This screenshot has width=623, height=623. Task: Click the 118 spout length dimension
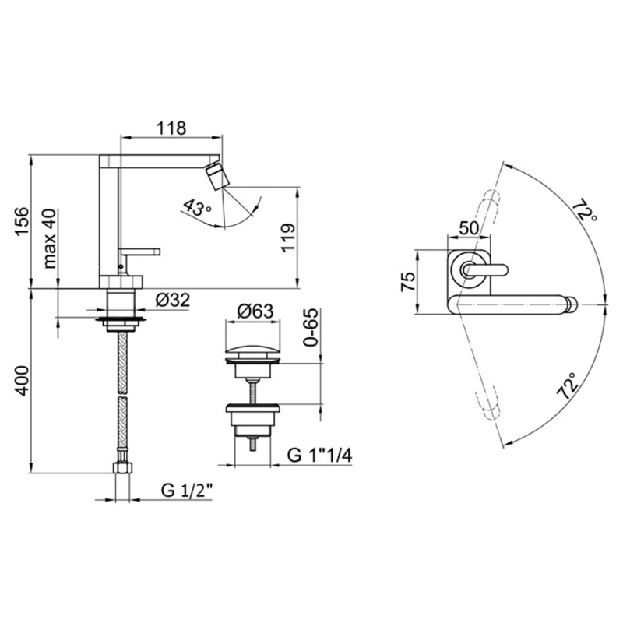pyautogui.click(x=171, y=128)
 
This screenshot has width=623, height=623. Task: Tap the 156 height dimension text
pyautogui.click(x=22, y=221)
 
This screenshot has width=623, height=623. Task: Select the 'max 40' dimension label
pyautogui.click(x=51, y=238)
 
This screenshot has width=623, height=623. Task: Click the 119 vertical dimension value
pyautogui.click(x=288, y=237)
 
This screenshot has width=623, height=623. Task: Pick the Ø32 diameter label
pyautogui.click(x=173, y=300)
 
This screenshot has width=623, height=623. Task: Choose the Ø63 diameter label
pyautogui.click(x=255, y=311)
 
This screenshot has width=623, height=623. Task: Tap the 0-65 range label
pyautogui.click(x=311, y=327)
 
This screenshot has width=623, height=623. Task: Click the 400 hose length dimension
pyautogui.click(x=22, y=381)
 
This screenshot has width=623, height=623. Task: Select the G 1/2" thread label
pyautogui.click(x=187, y=491)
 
